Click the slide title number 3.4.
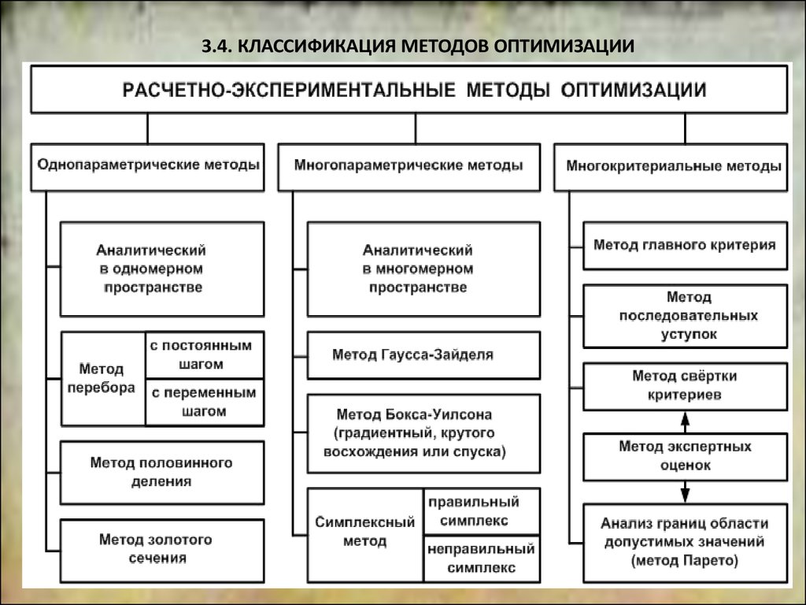217,46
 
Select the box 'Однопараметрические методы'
147,167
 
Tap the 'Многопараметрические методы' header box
409,167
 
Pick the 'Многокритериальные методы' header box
671,167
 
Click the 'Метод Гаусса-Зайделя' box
423,355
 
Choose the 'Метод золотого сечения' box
162,551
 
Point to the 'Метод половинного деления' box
162,473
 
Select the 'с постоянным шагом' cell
205,355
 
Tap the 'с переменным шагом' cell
205,403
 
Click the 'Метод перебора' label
102,378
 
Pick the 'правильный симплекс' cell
482,511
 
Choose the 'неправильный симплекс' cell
482,559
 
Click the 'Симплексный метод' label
365,532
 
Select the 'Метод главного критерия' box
686,246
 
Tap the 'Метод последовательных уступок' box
686,316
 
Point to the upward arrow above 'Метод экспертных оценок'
685,422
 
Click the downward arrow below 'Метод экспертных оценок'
685,492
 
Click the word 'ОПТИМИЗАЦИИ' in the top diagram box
634,90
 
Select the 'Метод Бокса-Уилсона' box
423,433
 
